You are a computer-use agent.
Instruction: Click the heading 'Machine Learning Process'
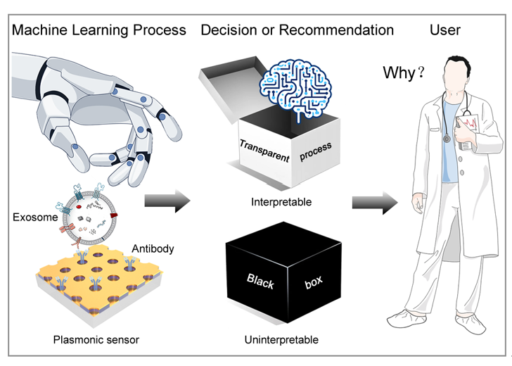tap(99, 30)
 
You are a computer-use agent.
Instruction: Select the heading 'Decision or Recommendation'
tap(297, 30)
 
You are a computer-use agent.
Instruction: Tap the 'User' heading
tap(445, 30)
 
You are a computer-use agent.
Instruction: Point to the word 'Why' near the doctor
tap(399, 72)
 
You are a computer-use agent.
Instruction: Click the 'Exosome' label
tap(35, 217)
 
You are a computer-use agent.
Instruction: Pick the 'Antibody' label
tap(153, 248)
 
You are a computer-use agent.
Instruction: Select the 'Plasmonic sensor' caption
tap(96, 340)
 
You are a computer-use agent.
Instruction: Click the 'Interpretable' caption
tap(281, 202)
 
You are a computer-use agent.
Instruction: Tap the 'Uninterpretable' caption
tap(281, 340)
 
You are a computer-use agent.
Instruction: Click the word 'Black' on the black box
tap(260, 282)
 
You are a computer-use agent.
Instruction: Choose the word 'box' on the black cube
tap(314, 282)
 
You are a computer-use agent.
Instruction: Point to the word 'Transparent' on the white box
tap(264, 151)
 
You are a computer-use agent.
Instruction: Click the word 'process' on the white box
tap(315, 151)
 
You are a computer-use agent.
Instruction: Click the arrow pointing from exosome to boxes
tap(167, 201)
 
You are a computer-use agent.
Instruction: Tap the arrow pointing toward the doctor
tap(375, 203)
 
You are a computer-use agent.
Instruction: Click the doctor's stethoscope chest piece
tap(447, 139)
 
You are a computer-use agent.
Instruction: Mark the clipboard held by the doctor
tap(468, 131)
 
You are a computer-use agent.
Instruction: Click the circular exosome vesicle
tap(89, 218)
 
